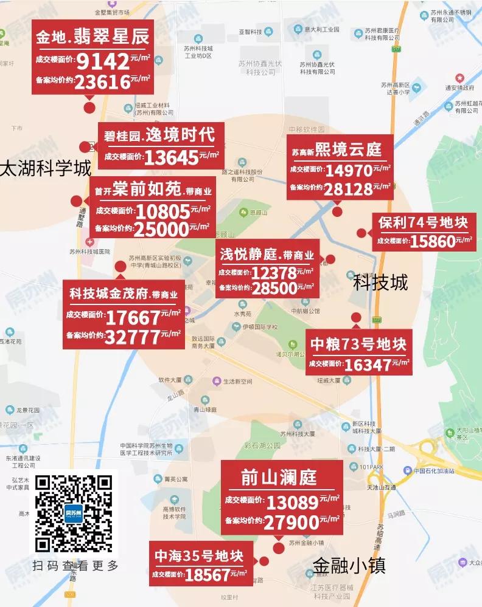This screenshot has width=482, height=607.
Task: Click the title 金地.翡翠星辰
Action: click(x=93, y=36)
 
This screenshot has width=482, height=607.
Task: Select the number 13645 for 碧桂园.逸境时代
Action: click(x=172, y=157)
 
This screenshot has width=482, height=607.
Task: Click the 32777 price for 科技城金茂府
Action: click(x=133, y=335)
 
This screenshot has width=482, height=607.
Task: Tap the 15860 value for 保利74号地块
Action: click(x=433, y=241)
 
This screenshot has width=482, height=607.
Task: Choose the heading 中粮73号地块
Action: click(x=358, y=345)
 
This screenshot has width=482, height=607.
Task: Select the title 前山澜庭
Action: click(x=279, y=477)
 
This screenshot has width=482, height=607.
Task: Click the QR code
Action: click(x=74, y=513)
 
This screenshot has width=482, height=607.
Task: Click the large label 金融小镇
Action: click(x=349, y=565)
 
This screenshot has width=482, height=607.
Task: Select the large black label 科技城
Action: click(x=380, y=283)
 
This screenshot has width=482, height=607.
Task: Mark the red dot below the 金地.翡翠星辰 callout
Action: click(x=89, y=109)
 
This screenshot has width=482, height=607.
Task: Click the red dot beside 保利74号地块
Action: click(x=362, y=233)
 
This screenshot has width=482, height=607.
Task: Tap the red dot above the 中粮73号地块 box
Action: click(x=356, y=317)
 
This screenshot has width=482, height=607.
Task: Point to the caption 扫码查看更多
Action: click(x=75, y=566)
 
